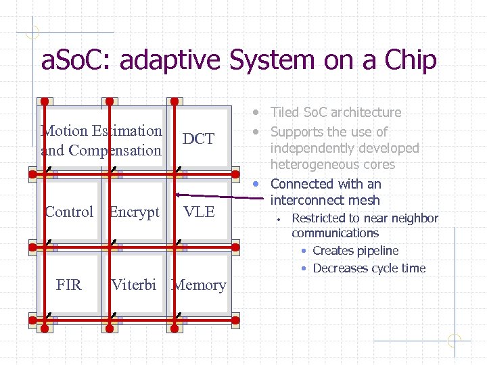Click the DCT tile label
click(x=198, y=139)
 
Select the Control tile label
click(x=69, y=212)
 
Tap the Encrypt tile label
click(x=134, y=212)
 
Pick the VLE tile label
click(x=199, y=212)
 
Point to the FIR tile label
click(x=69, y=285)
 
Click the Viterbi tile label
click(x=134, y=285)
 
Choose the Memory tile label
click(x=199, y=285)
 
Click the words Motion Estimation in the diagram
click(x=101, y=131)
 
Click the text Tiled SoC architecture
click(x=335, y=112)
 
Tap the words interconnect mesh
click(x=325, y=200)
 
